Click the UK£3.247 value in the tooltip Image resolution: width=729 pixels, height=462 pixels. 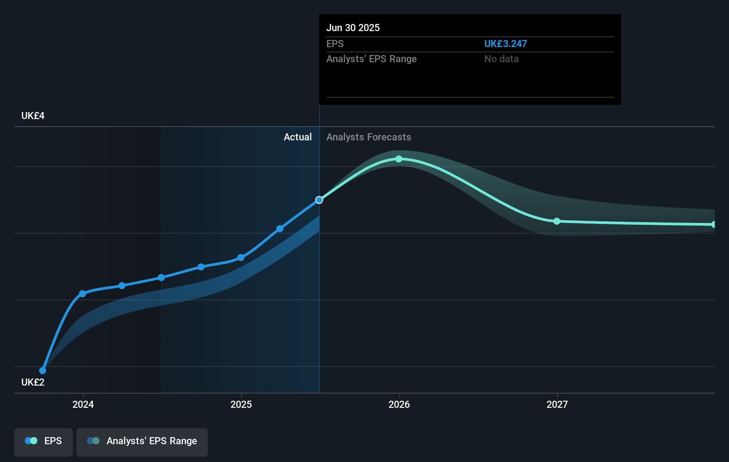[x=505, y=44]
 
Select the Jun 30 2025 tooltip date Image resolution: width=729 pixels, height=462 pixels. [x=353, y=28]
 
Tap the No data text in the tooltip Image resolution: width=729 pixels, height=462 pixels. [x=501, y=59]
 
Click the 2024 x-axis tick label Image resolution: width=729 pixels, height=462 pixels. [x=83, y=404]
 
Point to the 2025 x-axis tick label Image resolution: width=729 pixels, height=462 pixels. [x=241, y=404]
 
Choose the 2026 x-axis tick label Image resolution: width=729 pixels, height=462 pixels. [x=399, y=404]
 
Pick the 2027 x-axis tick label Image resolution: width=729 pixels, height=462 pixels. [x=557, y=404]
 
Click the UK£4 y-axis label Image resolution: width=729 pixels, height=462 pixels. [x=33, y=115]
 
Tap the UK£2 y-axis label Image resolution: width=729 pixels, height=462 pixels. [x=33, y=382]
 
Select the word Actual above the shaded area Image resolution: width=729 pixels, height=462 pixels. [x=297, y=137]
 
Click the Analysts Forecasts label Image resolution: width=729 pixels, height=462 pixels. [x=368, y=137]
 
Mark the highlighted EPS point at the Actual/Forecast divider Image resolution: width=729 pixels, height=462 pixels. [x=319, y=200]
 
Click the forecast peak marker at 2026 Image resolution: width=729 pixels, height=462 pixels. [x=399, y=159]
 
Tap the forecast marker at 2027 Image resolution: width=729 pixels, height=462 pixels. [x=557, y=221]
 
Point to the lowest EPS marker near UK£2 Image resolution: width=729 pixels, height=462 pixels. [x=43, y=370]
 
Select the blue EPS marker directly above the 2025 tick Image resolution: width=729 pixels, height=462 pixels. [x=241, y=258]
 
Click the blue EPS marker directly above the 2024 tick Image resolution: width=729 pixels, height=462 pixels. [x=82, y=294]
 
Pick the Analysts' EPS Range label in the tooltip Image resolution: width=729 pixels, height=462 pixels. [x=371, y=59]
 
